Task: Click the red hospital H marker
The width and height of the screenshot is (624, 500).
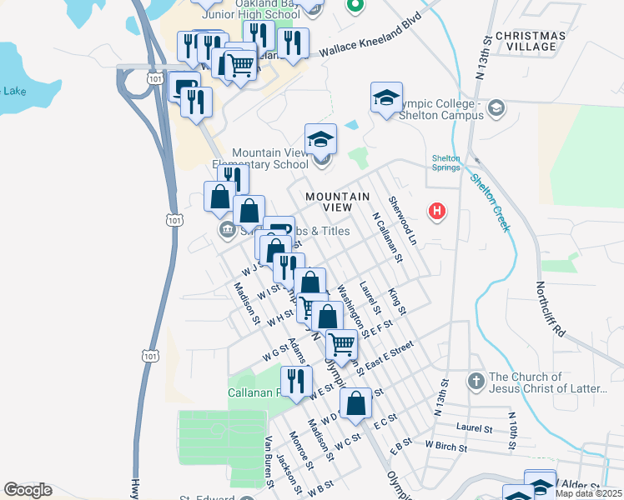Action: [x=435, y=212]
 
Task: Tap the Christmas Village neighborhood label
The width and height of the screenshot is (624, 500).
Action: [x=530, y=41]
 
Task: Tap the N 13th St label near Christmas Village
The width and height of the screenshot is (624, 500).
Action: [x=482, y=58]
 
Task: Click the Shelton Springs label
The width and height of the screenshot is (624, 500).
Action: [x=445, y=163]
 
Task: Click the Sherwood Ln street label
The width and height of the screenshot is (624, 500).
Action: [x=402, y=221]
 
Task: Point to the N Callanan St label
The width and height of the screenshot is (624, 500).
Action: [x=387, y=237]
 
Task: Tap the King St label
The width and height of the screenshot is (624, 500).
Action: [x=397, y=302]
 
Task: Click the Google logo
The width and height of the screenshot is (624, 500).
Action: [x=28, y=490]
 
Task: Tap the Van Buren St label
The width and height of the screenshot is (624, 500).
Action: [x=269, y=459]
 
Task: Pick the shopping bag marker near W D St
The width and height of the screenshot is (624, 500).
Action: [x=355, y=402]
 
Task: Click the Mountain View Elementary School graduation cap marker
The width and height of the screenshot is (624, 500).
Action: [x=320, y=138]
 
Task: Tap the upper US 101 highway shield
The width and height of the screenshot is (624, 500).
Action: [x=153, y=77]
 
